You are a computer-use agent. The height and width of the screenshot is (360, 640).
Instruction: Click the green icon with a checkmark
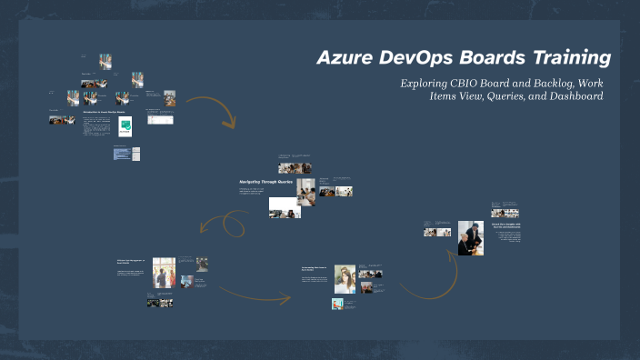125,126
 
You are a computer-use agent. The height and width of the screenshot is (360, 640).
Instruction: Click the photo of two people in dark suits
470,237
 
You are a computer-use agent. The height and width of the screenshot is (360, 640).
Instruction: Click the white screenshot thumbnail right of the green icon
156,121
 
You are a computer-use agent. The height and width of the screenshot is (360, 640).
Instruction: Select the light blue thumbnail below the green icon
122,154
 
